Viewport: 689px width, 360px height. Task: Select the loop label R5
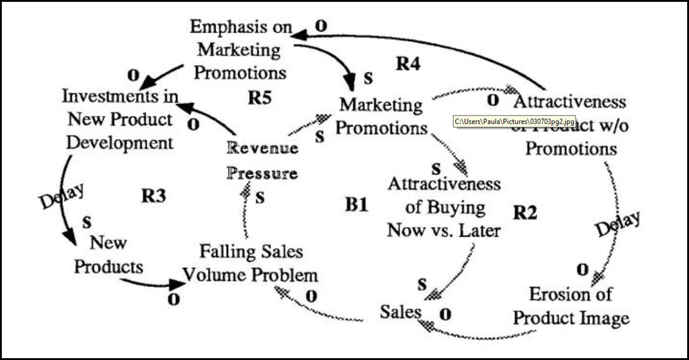[260, 98]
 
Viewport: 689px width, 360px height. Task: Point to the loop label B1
[357, 205]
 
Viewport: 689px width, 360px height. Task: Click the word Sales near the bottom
[401, 312]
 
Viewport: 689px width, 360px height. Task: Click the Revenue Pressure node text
[263, 161]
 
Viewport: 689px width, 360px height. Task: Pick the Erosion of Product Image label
[571, 306]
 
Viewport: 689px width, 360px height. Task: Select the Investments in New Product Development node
[120, 120]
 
